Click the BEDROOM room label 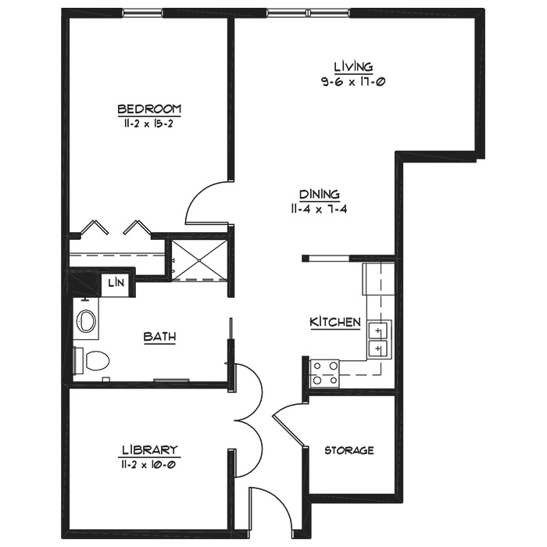point(149,109)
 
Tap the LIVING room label point(353,66)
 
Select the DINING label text point(320,194)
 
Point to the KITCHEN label point(335,322)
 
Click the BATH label point(159,337)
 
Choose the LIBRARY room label point(150,449)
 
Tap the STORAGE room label point(349,450)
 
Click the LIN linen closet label point(116,283)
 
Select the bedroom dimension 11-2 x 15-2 point(147,123)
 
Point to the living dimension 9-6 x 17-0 point(353,82)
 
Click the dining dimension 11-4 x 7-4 point(319,209)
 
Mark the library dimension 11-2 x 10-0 point(148,465)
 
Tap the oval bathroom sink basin point(86,320)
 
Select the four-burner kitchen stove point(324,374)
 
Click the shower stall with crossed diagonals point(199,260)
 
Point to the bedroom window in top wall point(143,13)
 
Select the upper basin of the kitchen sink point(378,330)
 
